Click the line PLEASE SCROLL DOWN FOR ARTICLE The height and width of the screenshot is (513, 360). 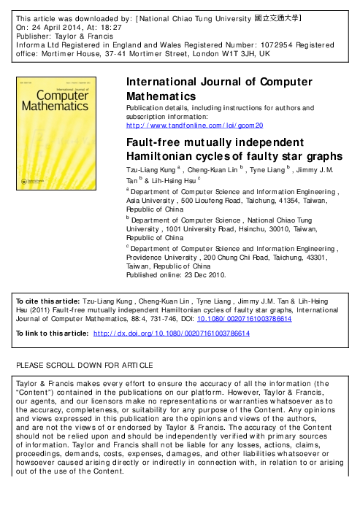point(85,364)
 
